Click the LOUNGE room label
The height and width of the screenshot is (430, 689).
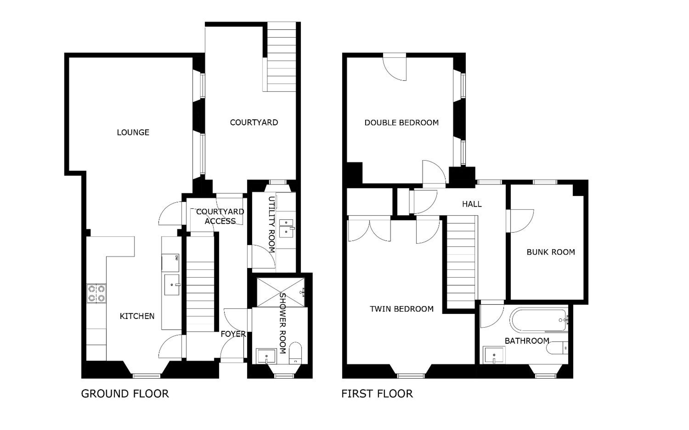133,132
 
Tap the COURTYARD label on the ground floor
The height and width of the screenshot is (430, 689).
254,122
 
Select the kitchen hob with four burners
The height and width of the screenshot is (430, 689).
96,293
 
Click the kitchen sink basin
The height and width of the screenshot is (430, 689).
172,285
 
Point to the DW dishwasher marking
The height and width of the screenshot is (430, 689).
176,258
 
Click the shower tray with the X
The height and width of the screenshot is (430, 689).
281,292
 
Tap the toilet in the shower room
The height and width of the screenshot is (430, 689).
295,353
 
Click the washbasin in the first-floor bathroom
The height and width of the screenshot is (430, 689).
494,355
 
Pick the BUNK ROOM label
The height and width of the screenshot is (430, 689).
551,252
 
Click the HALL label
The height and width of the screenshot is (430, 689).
472,204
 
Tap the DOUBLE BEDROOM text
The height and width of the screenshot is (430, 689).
402,123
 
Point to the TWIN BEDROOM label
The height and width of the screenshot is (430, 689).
402,309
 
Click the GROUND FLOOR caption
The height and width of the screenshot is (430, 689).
125,394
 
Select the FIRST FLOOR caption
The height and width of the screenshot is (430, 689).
377,394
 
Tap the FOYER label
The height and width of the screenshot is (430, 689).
233,334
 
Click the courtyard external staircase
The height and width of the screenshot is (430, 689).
282,57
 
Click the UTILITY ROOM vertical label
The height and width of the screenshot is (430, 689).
272,225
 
